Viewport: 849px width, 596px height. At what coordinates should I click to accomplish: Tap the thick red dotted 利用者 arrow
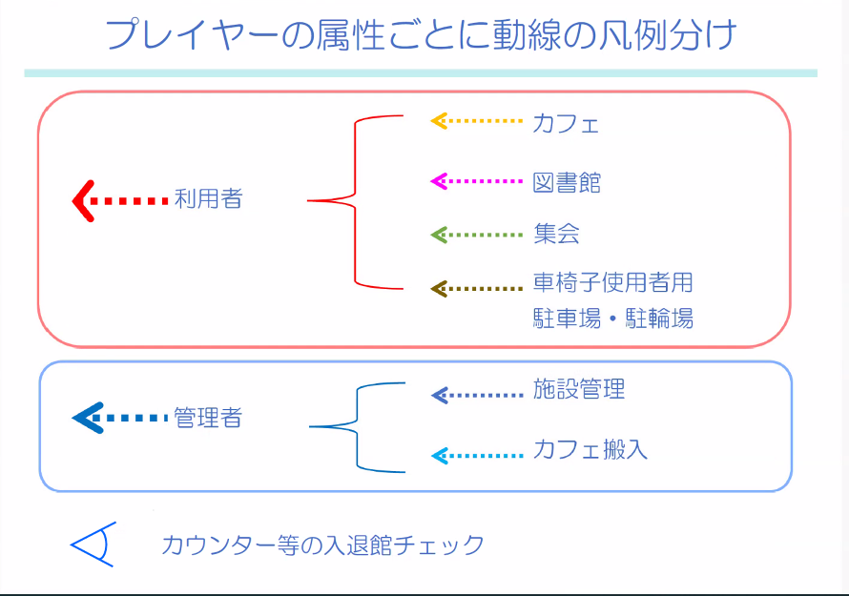pyautogui.click(x=120, y=200)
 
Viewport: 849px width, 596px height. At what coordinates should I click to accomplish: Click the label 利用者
pyautogui.click(x=208, y=199)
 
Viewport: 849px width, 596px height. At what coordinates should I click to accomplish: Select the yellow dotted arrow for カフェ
pyautogui.click(x=477, y=121)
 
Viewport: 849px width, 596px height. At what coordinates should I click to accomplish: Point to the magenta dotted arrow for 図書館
pyautogui.click(x=477, y=180)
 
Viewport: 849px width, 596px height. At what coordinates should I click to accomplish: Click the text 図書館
pyautogui.click(x=567, y=182)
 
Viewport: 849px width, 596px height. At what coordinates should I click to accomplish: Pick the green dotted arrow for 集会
pyautogui.click(x=477, y=234)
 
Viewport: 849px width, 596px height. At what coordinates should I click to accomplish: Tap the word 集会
pyautogui.click(x=556, y=234)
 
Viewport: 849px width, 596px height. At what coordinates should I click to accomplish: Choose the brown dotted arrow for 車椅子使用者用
pyautogui.click(x=477, y=288)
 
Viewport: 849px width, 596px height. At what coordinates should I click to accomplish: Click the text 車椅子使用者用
pyautogui.click(x=612, y=283)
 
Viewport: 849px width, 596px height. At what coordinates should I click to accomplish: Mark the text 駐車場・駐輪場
pyautogui.click(x=612, y=319)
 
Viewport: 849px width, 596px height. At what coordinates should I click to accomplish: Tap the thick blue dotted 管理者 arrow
pyautogui.click(x=120, y=418)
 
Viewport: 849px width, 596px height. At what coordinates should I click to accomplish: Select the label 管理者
pyautogui.click(x=208, y=418)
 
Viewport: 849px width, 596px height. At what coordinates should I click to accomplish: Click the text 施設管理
pyautogui.click(x=579, y=389)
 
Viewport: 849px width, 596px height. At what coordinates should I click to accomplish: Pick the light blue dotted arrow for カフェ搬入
pyautogui.click(x=477, y=456)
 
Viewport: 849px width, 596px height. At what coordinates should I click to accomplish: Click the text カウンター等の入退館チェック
pyautogui.click(x=323, y=545)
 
